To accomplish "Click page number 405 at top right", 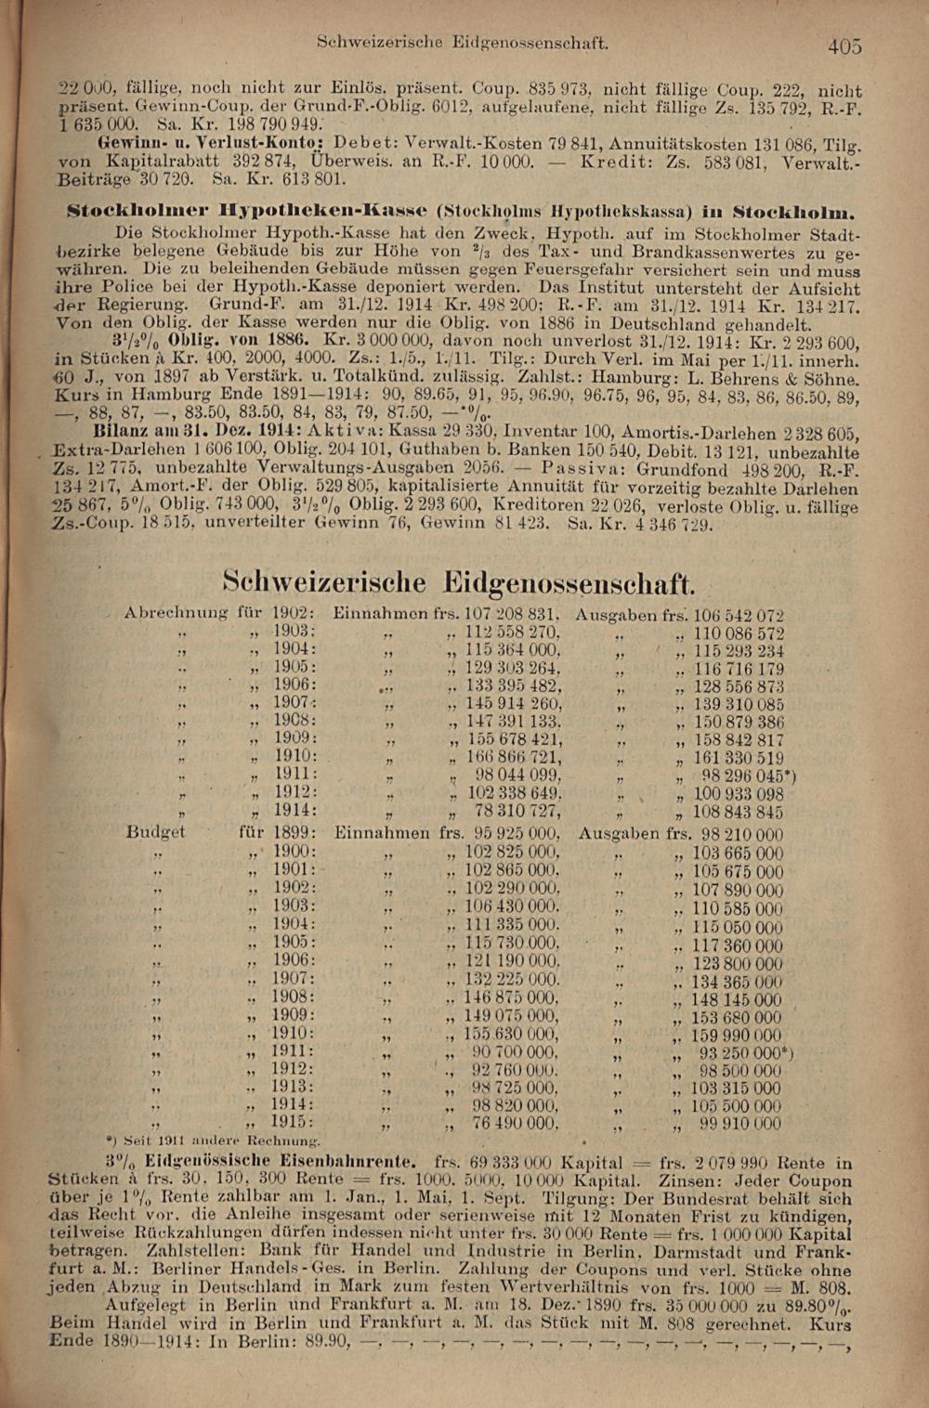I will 844,45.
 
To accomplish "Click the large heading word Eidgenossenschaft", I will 568,583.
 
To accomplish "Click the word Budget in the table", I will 155,832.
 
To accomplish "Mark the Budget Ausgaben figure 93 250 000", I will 742,1052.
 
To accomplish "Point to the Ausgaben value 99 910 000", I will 740,1124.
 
